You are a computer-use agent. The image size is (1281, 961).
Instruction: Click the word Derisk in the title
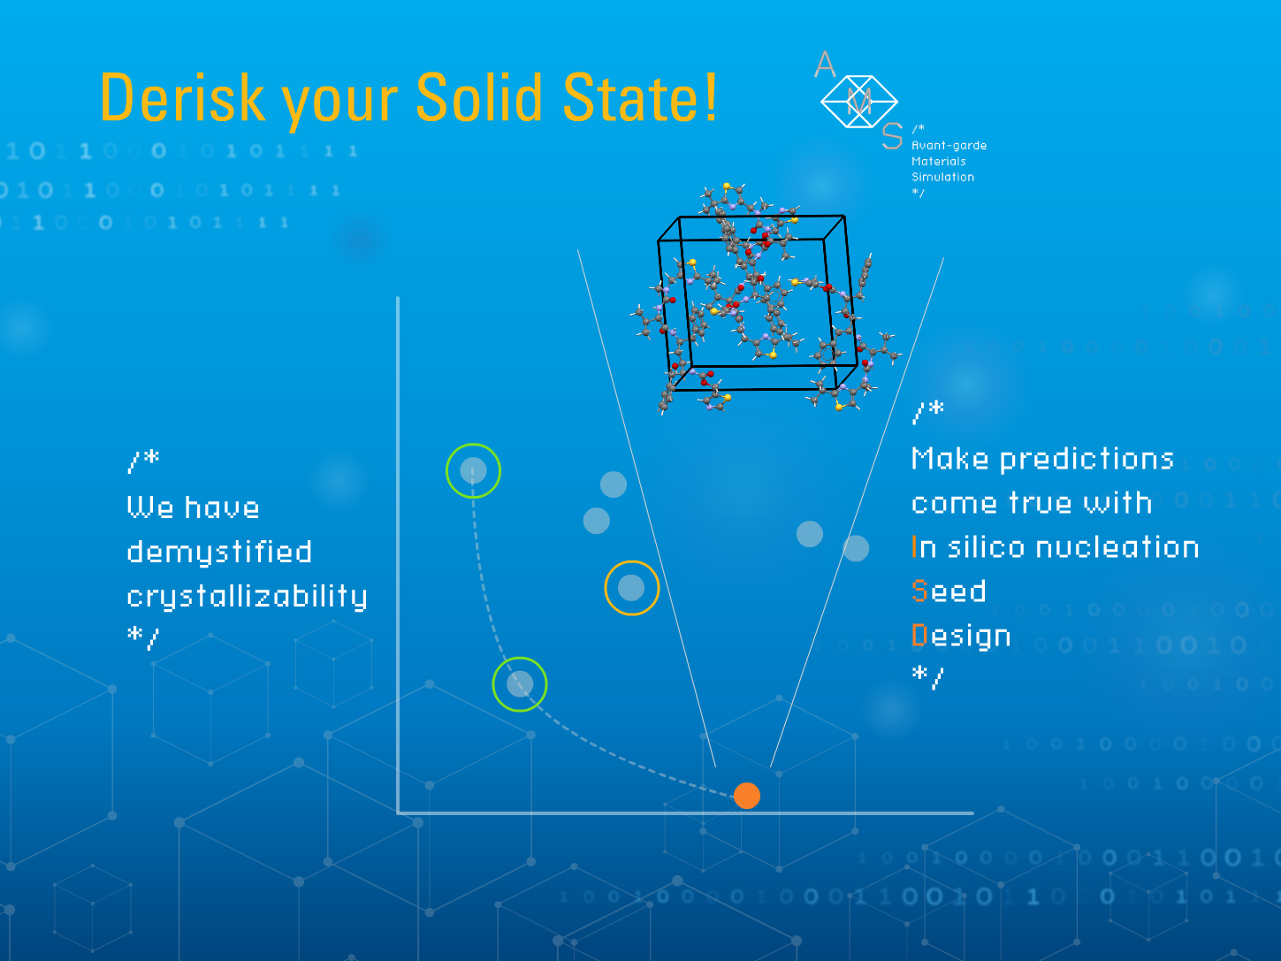[183, 97]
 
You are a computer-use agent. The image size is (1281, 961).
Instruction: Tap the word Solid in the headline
[479, 97]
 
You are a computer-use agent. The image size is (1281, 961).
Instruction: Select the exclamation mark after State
[710, 96]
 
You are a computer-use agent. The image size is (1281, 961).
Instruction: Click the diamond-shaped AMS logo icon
[859, 102]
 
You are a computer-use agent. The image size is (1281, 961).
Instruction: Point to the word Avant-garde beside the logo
[949, 145]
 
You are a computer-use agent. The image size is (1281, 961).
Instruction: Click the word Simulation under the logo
[942, 177]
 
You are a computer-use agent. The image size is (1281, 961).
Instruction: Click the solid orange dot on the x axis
[746, 796]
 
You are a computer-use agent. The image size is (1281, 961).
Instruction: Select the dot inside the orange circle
[631, 588]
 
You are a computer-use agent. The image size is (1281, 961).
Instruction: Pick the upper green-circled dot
[473, 470]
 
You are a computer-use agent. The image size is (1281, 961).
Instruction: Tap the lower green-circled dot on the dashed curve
[520, 684]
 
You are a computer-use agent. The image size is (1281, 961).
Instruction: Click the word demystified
[219, 552]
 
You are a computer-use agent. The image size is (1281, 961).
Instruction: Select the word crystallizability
[247, 597]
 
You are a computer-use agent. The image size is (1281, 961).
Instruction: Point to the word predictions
[1087, 460]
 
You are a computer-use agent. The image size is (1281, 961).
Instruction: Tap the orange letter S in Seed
[919, 591]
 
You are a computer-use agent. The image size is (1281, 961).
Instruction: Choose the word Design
[961, 637]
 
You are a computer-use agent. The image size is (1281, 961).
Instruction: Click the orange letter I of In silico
[914, 546]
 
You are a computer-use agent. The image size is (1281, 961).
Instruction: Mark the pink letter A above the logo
[825, 65]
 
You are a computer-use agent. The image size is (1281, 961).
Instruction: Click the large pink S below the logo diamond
[892, 136]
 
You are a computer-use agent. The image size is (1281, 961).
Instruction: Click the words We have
[193, 507]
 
